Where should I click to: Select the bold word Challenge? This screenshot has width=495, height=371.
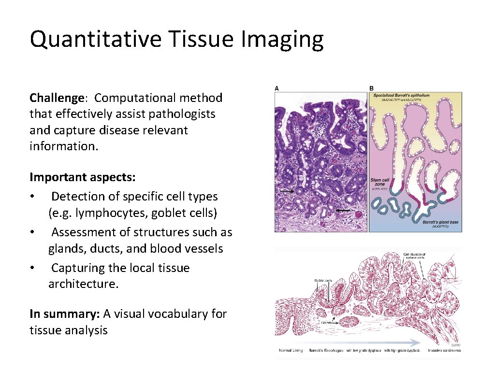coord(57,98)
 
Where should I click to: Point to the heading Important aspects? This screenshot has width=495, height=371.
coord(83,178)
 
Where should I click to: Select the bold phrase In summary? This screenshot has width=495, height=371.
coord(65,314)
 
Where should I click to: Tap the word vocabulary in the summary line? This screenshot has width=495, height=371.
coord(166,314)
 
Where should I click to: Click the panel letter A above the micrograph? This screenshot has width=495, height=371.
coord(277,88)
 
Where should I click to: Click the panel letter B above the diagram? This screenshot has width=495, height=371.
coord(371,88)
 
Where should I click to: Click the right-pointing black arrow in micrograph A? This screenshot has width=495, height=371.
coord(286,191)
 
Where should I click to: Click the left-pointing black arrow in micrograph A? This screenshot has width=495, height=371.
coord(344,211)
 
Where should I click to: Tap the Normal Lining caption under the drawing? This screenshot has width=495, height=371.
coord(291,350)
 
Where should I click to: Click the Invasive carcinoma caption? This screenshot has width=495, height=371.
coord(443,350)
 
